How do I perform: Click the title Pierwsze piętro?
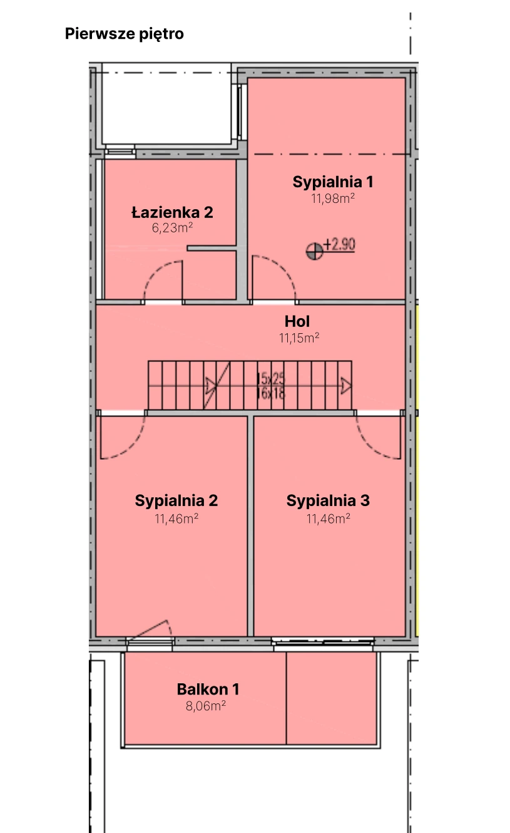[124, 34]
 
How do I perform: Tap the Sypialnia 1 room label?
[333, 182]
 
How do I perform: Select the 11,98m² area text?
[333, 199]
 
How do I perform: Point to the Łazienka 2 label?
[172, 212]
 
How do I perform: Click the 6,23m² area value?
[172, 228]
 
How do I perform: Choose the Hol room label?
[297, 322]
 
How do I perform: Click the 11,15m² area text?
[299, 338]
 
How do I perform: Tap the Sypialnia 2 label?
[176, 501]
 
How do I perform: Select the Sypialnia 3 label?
[328, 501]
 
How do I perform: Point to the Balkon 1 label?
[208, 690]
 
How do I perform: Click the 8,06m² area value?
[206, 706]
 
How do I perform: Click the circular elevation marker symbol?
[314, 251]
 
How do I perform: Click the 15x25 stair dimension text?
[270, 378]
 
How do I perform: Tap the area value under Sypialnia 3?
[328, 518]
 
